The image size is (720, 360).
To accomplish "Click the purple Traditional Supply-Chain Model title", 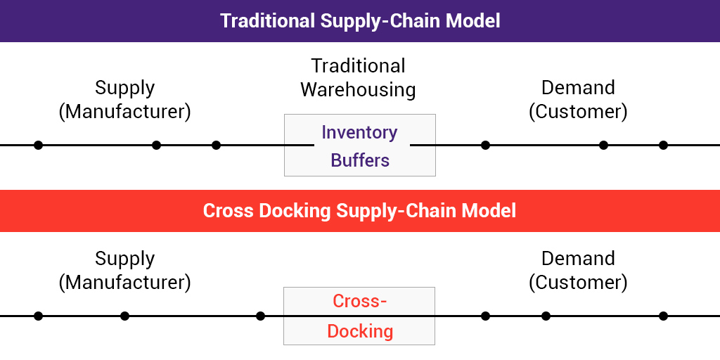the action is tap(360, 21).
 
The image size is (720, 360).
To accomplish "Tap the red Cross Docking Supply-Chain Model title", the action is tap(359, 211).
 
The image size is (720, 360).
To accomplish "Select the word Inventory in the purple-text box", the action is tap(359, 132).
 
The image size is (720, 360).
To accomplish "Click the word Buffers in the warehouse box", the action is tap(360, 160).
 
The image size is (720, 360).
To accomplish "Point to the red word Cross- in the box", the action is tap(360, 301).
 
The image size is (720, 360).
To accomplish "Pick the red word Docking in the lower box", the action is tap(360, 331).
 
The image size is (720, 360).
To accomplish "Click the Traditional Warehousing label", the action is tap(358, 77).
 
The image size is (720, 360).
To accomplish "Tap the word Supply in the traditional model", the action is tap(125, 89).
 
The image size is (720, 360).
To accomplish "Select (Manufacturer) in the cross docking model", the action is tap(124, 283).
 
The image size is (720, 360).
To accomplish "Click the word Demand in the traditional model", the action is tap(578, 87).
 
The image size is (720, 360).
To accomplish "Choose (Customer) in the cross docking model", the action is tap(578, 283).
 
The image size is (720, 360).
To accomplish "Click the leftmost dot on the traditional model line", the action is tap(38, 145).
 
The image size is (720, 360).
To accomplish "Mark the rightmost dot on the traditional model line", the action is tap(663, 145).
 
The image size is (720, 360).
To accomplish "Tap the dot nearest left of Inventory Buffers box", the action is tap(217, 145).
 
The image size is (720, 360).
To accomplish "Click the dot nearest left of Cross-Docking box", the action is tap(260, 316).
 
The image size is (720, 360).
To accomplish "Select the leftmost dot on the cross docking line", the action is tap(38, 316).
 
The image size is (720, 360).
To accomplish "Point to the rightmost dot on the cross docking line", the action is tap(663, 316).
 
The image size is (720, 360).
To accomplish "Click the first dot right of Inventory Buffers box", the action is tap(485, 145).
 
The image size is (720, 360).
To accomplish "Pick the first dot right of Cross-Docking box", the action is tap(485, 316).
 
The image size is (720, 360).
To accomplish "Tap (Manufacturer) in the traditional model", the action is tap(124, 112).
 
